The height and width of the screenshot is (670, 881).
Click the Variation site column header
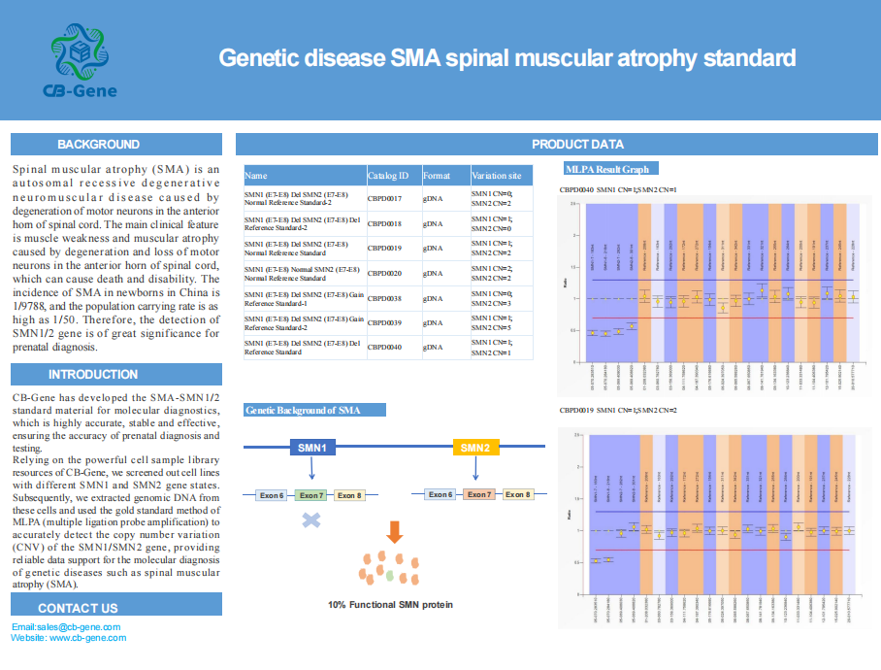tap(496, 176)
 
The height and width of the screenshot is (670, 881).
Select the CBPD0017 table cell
tap(384, 198)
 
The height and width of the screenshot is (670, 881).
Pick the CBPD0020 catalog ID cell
tap(384, 274)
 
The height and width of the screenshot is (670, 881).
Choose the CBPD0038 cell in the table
tap(384, 299)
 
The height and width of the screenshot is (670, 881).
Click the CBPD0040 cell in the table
tap(384, 347)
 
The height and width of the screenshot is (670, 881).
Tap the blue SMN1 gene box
tap(311, 448)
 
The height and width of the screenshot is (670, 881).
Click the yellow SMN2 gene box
tap(475, 448)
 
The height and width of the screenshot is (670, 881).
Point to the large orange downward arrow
tap(393, 532)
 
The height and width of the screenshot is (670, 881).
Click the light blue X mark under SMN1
tap(311, 520)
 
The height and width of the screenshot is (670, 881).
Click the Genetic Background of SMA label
tap(303, 411)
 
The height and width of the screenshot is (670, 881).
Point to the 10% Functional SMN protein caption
tap(390, 604)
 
